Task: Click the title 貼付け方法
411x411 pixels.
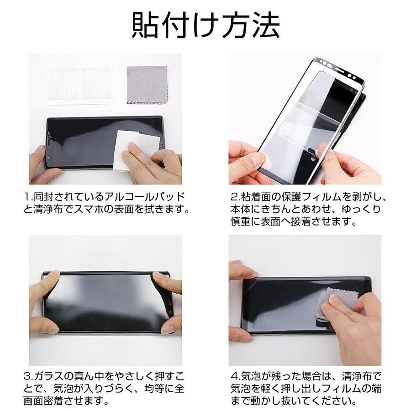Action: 205,26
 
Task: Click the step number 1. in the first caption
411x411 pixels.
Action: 28,198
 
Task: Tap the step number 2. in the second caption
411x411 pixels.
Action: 235,198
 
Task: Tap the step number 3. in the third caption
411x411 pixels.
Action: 28,377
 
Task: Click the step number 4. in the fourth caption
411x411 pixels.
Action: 235,377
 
